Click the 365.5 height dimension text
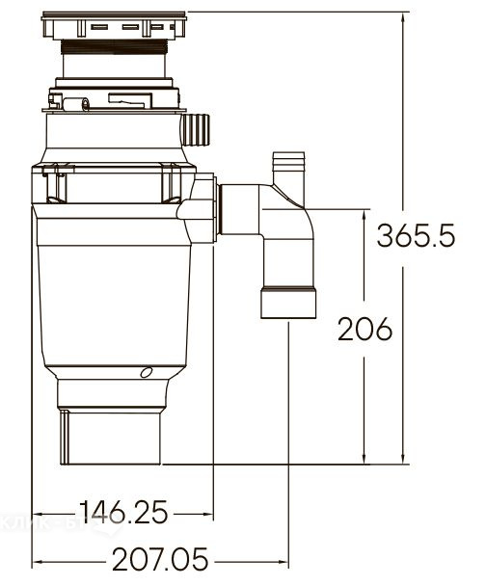point(416,235)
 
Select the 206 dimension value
point(364,330)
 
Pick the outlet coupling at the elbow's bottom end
point(288,303)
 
